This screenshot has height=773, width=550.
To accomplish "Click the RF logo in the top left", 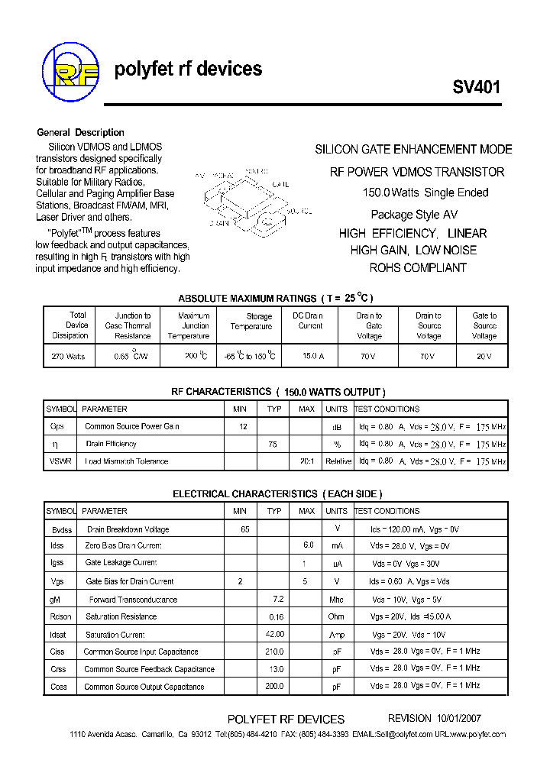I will click(x=71, y=73).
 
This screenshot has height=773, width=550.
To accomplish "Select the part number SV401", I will click(x=477, y=87).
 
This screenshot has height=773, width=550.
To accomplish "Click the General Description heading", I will click(x=80, y=132).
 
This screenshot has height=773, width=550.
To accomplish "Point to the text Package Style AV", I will click(x=414, y=215).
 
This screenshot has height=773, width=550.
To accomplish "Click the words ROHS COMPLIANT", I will click(x=417, y=267).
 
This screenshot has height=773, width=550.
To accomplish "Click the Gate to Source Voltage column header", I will click(x=484, y=325).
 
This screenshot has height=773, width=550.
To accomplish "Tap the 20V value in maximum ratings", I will click(x=484, y=357).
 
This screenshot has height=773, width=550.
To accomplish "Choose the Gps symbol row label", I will click(x=57, y=426).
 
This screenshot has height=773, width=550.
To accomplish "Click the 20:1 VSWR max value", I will click(x=306, y=461).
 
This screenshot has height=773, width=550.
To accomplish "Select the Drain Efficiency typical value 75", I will click(x=273, y=444).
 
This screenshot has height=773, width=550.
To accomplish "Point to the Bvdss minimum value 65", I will click(x=244, y=529).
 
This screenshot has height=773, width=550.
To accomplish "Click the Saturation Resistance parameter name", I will click(x=121, y=616).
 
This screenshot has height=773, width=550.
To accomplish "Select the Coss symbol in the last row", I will click(x=58, y=687).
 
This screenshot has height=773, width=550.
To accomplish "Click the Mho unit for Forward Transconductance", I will click(x=336, y=600).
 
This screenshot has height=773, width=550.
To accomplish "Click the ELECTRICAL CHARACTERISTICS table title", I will click(x=277, y=494).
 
